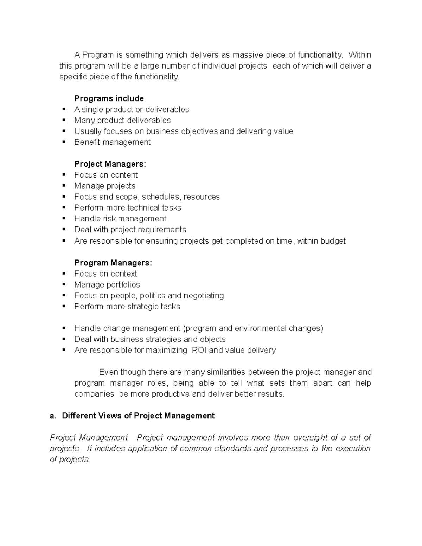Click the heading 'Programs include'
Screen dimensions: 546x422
(109, 98)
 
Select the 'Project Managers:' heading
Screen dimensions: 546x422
(110, 164)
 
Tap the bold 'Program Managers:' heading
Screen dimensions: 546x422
(113, 263)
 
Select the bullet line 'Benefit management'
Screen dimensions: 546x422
(112, 142)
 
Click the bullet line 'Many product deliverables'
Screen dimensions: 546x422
(122, 121)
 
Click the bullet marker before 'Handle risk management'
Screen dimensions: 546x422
(64, 218)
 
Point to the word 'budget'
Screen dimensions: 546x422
(333, 241)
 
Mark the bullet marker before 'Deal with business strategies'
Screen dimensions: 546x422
(64, 339)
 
